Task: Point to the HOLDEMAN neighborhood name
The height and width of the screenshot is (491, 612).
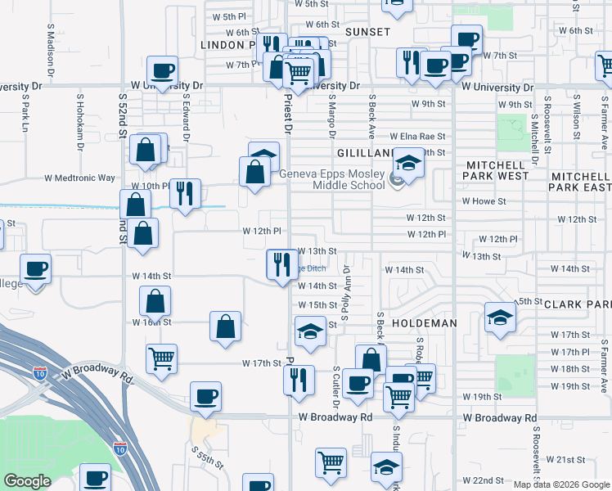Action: click(424, 323)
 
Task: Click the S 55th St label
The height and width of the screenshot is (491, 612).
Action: click(208, 457)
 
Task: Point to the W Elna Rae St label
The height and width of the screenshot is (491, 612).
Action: click(417, 137)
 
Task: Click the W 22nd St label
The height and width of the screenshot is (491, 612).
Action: click(482, 480)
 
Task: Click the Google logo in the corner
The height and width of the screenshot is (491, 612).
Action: click(27, 480)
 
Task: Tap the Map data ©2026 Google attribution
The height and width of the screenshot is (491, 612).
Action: click(560, 484)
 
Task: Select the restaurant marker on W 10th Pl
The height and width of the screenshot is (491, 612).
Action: click(185, 194)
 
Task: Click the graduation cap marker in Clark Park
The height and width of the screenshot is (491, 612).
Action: click(500, 317)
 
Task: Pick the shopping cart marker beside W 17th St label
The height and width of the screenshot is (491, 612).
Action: click(161, 358)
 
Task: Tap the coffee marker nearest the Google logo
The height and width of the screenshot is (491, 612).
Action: click(94, 477)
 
